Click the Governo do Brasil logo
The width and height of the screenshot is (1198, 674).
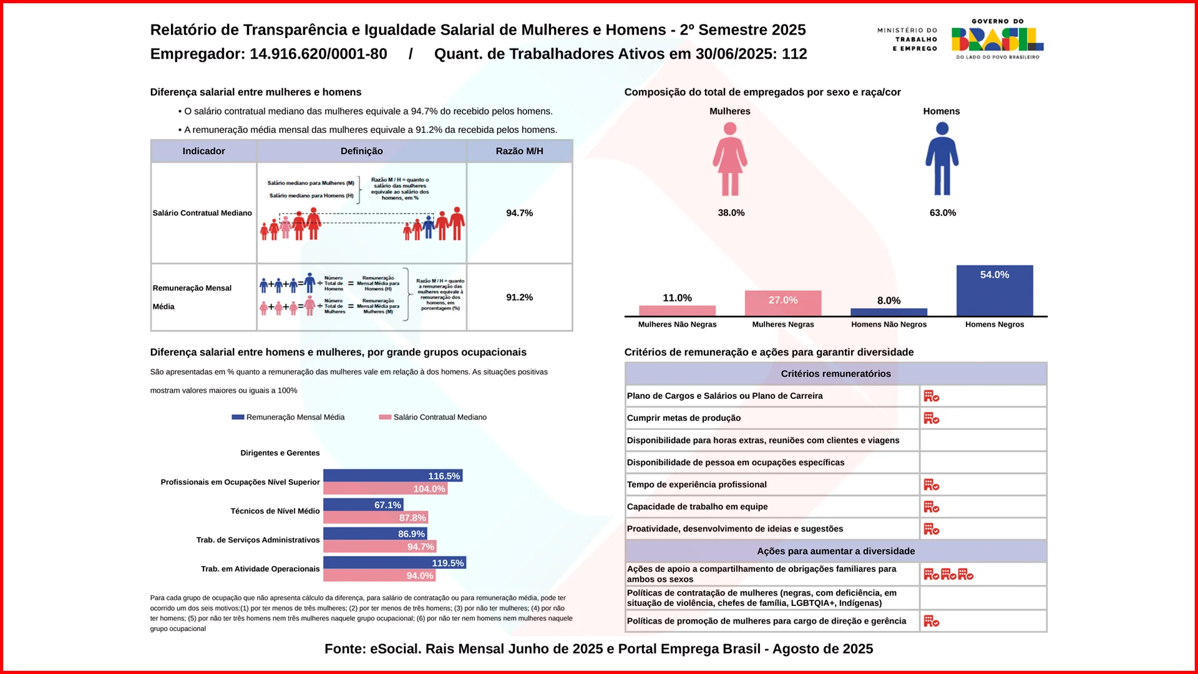click(997, 39)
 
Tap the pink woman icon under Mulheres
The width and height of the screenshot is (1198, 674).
click(730, 159)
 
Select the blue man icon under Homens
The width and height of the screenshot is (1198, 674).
click(942, 159)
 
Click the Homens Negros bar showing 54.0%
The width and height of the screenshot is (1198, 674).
click(994, 291)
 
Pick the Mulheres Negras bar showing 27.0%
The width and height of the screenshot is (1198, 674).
click(782, 303)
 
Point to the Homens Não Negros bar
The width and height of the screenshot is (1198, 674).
click(889, 312)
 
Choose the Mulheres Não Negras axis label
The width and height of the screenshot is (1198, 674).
click(677, 325)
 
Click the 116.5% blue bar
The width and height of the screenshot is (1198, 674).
click(392, 476)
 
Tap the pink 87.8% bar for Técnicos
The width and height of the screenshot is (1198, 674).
click(376, 518)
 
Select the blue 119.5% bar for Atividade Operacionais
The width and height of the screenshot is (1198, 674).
click(394, 563)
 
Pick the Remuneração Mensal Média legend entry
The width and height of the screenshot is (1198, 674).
click(288, 418)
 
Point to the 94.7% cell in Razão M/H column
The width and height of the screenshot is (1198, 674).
click(519, 213)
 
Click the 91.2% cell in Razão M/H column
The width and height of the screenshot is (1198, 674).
click(519, 298)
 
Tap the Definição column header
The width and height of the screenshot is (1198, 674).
click(361, 151)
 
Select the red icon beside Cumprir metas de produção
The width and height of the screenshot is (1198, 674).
click(931, 418)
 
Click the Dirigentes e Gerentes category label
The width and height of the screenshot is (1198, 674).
click(280, 453)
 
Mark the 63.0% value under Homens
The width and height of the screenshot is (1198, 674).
click(942, 213)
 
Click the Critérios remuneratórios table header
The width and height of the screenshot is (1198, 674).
click(835, 374)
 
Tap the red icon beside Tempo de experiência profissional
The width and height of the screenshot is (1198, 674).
click(931, 485)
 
